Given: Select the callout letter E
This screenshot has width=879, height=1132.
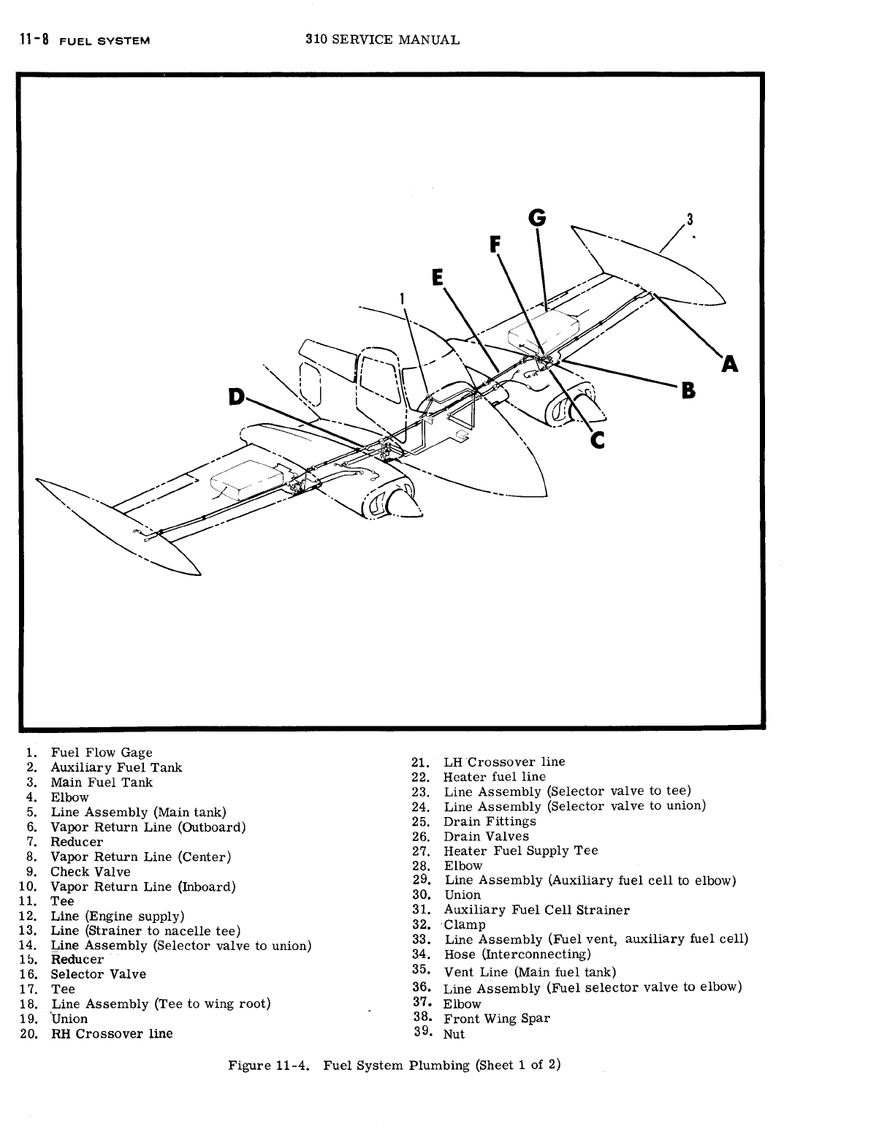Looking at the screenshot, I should click(x=438, y=278).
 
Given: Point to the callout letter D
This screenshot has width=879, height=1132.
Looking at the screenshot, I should click(x=236, y=396).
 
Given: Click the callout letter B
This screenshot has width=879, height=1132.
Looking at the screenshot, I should click(x=688, y=391).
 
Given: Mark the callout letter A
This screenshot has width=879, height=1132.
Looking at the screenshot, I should click(x=728, y=363).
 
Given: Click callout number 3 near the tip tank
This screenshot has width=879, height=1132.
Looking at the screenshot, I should click(x=689, y=219).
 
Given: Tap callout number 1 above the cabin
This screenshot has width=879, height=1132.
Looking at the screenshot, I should click(x=402, y=297).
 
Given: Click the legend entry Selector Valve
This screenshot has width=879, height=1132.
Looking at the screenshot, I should click(x=98, y=974).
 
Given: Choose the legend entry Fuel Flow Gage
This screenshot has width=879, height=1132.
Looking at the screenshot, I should click(x=101, y=752).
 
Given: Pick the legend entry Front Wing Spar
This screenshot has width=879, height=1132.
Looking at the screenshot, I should click(x=497, y=1018).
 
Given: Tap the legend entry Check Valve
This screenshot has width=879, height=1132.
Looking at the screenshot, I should click(x=90, y=871).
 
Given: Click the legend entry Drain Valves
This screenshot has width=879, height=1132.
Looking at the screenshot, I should click(x=486, y=836).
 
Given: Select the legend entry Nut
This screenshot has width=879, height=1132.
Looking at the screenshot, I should click(x=454, y=1034).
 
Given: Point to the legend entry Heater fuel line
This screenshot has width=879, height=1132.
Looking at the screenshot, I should click(x=494, y=777).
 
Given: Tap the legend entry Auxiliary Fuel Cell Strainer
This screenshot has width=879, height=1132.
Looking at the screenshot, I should click(x=536, y=910).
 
